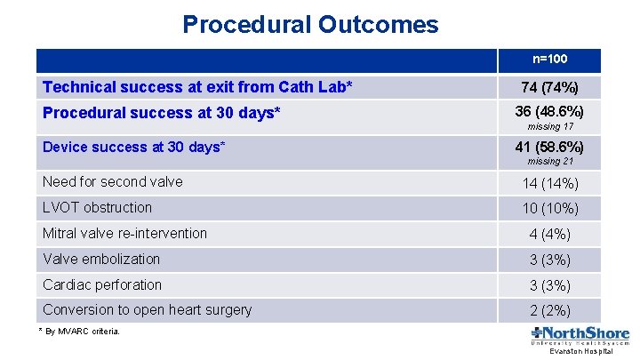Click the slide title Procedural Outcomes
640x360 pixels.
coord(310,24)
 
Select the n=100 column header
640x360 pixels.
coord(549,60)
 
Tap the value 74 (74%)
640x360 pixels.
coord(549,88)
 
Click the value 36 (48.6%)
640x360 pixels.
coord(549,112)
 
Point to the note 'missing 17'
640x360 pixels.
coord(549,127)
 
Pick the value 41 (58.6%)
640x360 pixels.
coord(549,147)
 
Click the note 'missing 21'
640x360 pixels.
coord(549,162)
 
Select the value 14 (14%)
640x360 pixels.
coord(549,184)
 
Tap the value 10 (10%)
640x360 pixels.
coord(549,209)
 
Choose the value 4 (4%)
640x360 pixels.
coord(549,235)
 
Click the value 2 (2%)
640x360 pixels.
coord(549,311)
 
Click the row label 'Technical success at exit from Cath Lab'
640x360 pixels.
coord(197,87)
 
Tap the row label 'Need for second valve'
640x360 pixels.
coord(113,182)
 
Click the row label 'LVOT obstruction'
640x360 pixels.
coord(98,208)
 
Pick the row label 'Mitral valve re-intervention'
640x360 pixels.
coord(124,234)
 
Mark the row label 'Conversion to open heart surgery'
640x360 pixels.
coord(147,310)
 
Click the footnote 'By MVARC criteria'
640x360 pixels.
coord(81,332)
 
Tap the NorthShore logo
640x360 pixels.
coord(580,337)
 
